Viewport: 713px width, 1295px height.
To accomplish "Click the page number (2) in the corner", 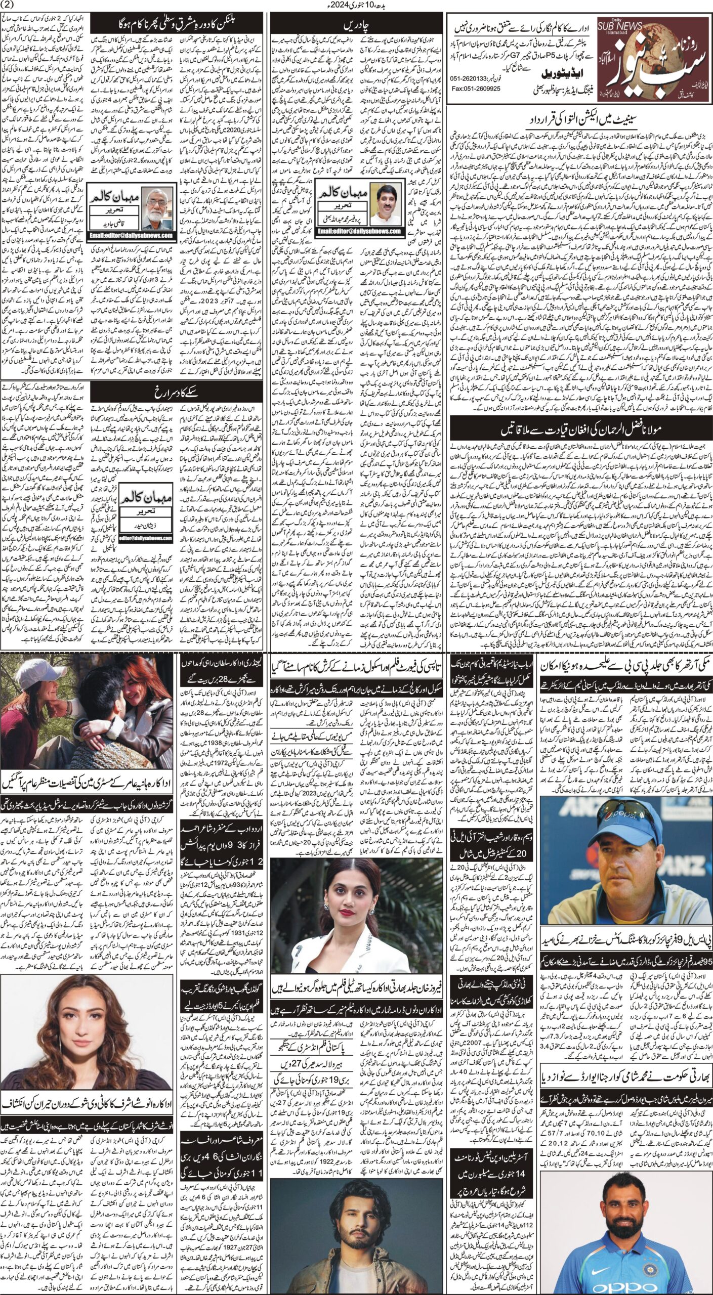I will [9, 6].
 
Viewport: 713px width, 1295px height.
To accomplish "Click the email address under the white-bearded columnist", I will [132, 235].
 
